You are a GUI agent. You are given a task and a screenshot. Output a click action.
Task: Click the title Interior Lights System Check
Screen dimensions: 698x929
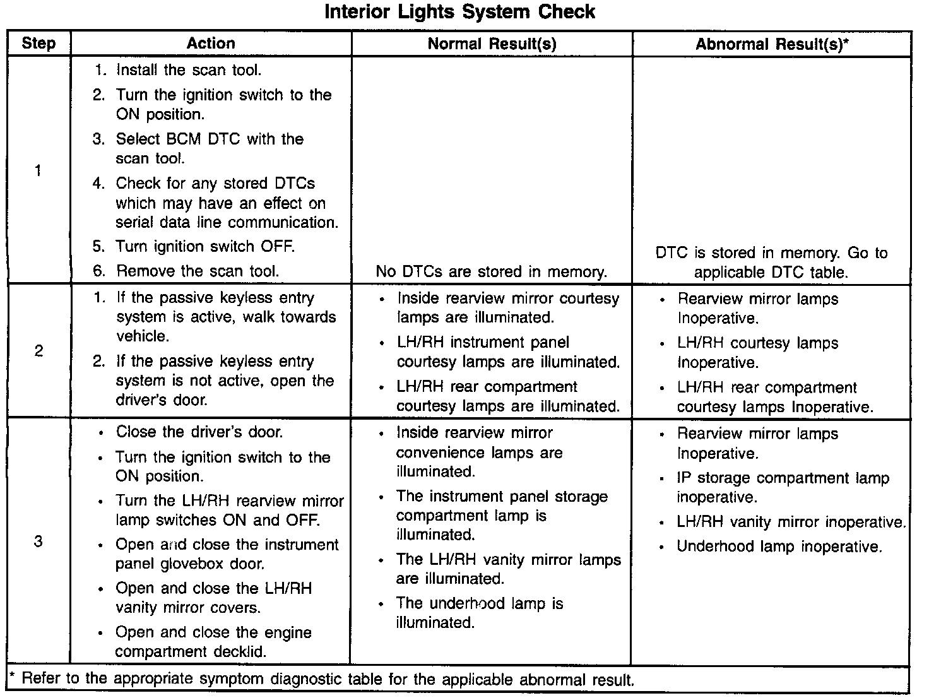(x=459, y=12)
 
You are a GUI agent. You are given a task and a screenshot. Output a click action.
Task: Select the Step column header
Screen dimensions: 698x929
(x=38, y=44)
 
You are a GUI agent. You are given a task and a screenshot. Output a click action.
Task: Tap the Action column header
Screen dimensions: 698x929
(x=211, y=44)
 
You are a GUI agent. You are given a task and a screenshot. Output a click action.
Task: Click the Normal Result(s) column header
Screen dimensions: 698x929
(x=492, y=44)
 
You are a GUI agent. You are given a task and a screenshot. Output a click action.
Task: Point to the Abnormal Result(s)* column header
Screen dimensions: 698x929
(x=772, y=44)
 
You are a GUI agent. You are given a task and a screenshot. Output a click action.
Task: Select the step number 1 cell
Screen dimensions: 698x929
(x=38, y=170)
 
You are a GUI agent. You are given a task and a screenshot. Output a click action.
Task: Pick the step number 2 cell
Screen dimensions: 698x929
(x=38, y=351)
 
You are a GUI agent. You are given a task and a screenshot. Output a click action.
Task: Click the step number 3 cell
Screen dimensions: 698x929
(x=38, y=541)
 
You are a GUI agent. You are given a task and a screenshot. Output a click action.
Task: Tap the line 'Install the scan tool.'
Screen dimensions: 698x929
(x=188, y=70)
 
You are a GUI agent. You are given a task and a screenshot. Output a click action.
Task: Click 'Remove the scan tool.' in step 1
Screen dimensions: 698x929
(x=197, y=271)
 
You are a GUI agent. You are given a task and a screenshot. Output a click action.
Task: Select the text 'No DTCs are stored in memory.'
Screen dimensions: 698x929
(x=491, y=272)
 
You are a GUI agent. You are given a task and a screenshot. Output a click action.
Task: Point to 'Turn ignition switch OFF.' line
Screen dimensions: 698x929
(x=204, y=246)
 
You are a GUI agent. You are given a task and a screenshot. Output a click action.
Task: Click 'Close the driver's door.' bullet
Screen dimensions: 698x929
(x=199, y=432)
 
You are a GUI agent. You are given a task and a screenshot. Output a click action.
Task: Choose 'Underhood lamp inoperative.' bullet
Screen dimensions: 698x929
(x=779, y=547)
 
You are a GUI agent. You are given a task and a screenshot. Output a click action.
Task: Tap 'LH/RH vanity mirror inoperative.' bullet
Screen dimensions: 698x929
(x=791, y=523)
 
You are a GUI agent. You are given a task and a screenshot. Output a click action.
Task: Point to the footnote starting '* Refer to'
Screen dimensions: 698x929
(x=322, y=680)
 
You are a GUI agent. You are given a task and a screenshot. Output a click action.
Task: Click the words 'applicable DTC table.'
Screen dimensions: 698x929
(x=771, y=273)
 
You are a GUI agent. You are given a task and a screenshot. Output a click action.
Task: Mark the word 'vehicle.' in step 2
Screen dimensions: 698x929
(x=143, y=336)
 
